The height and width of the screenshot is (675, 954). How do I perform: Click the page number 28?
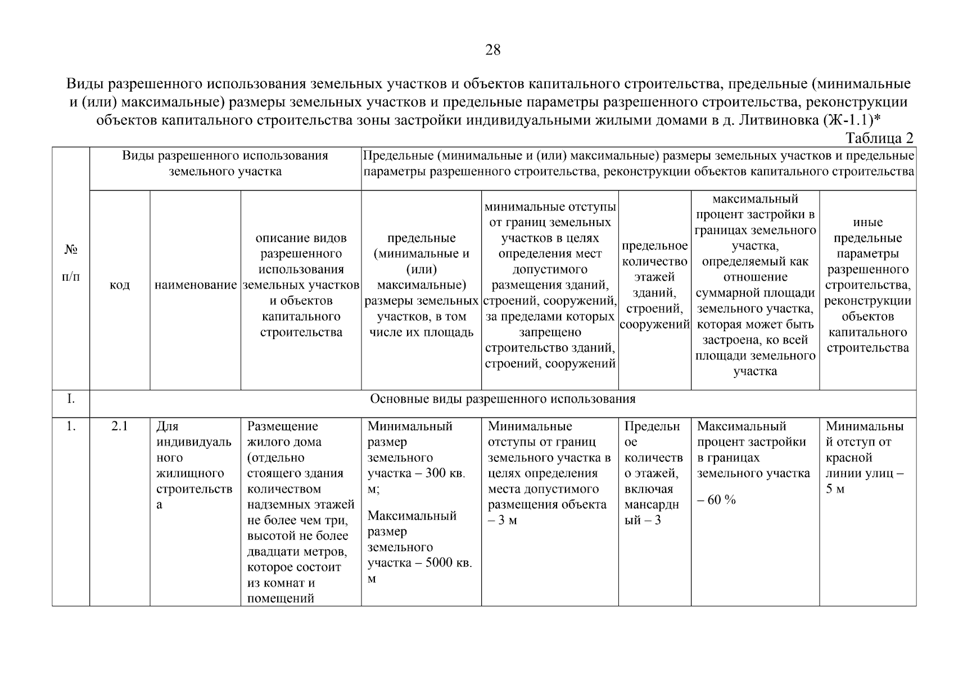point(492,50)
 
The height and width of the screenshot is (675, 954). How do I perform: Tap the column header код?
point(119,285)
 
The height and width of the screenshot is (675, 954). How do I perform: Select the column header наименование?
point(196,285)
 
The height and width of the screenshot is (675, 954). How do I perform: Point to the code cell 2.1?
point(119,426)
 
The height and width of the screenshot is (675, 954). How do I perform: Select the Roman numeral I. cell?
point(70,399)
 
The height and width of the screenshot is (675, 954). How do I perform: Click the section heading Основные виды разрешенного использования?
point(502,399)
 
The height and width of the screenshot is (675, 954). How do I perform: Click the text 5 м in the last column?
point(835,489)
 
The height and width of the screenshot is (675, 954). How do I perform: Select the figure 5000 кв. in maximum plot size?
point(448,563)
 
